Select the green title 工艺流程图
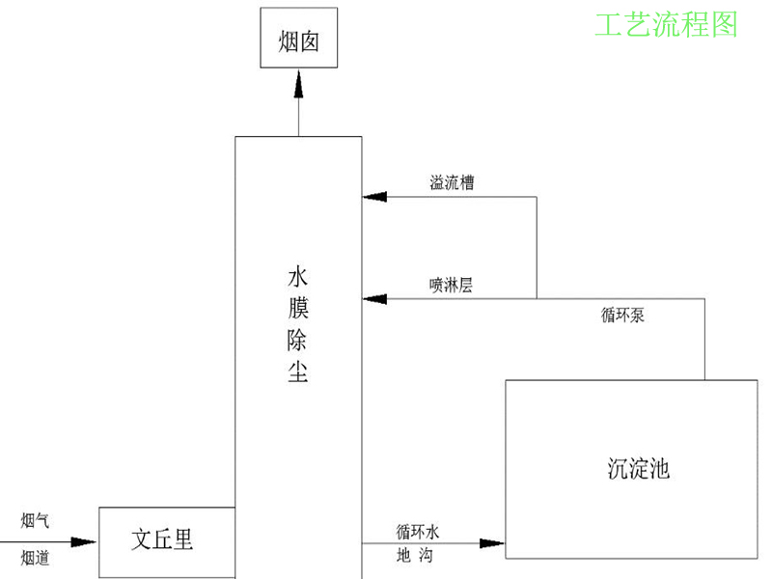tap(665, 24)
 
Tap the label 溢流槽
tap(452, 182)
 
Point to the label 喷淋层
tap(451, 285)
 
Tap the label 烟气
tap(36, 521)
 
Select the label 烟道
tap(36, 557)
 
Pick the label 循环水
tap(418, 532)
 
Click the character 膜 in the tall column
tap(297, 310)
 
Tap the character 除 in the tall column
tap(297, 341)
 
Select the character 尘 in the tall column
tap(297, 372)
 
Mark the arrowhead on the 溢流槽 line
tap(374, 198)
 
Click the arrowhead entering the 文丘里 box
tap(88, 542)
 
